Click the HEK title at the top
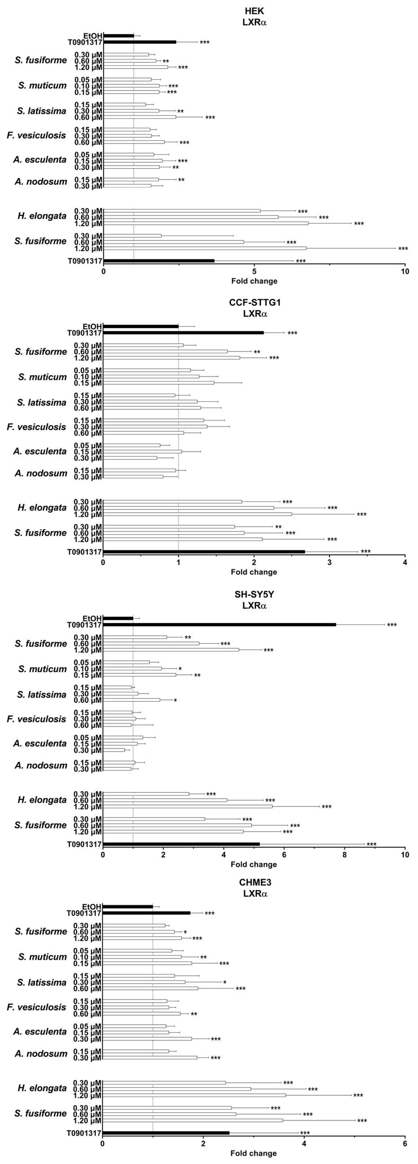coord(254,11)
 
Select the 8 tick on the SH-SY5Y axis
coord(345,854)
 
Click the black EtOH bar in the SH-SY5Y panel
coord(118,618)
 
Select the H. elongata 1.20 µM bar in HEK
coord(206,223)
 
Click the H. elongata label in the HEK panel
coord(42,216)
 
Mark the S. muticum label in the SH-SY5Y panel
coord(42,669)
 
